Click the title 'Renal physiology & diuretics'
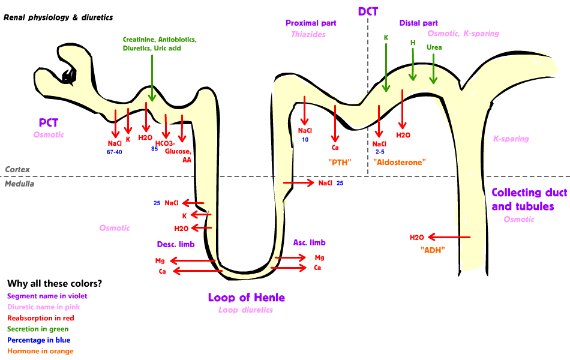point(58,17)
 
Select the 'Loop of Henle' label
point(246,298)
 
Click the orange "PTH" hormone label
point(339,162)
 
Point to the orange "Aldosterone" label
point(398,162)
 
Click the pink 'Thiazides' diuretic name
point(308,34)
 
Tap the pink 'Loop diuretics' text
point(245,310)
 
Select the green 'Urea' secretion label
point(434,47)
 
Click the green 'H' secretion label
point(412,43)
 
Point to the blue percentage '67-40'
point(115,152)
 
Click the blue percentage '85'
point(154,148)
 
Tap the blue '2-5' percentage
point(379,152)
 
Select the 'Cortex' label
point(17,170)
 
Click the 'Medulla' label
point(19,184)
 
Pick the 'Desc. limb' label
point(175,244)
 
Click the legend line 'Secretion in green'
point(38,329)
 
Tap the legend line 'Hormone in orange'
point(40,351)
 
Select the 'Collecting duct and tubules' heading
point(523,199)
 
